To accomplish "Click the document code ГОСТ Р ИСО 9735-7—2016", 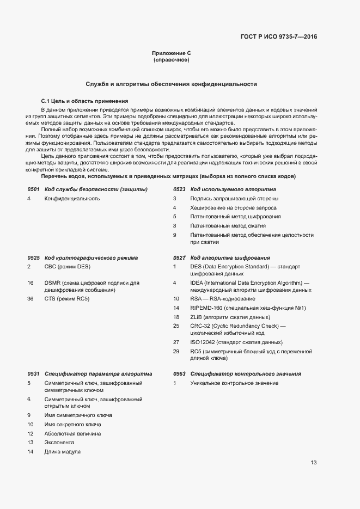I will click(x=278, y=37).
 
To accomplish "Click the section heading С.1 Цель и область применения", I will click(x=84, y=101).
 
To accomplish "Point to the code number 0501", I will click(x=33, y=189).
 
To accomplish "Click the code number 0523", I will click(x=179, y=189).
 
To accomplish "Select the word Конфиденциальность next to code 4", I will click(x=72, y=199).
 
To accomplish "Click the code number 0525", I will click(x=33, y=257).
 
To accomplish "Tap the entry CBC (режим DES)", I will click(x=67, y=266).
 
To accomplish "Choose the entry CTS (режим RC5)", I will click(x=66, y=299).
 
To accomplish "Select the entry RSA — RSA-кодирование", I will click(x=222, y=299).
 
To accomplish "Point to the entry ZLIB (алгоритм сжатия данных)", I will click(x=230, y=317).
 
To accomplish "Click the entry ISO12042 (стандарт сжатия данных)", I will click(x=236, y=342).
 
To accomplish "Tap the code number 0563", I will click(x=179, y=374).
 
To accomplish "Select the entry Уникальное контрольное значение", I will click(x=234, y=383).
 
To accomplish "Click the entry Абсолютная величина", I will click(x=72, y=433).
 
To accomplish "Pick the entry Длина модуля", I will click(x=63, y=452).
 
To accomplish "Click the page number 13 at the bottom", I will click(x=314, y=463).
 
